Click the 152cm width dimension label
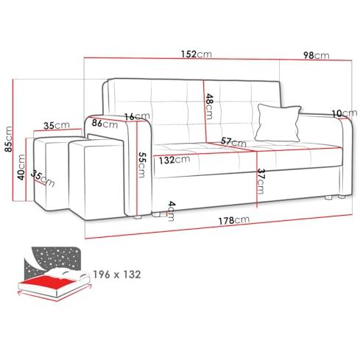197,54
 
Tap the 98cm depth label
317,55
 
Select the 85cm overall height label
8,139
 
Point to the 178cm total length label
234,220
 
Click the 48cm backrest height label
209,106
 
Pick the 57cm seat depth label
233,141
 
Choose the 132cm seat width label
174,160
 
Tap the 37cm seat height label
261,181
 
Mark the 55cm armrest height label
142,165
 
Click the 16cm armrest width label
137,116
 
